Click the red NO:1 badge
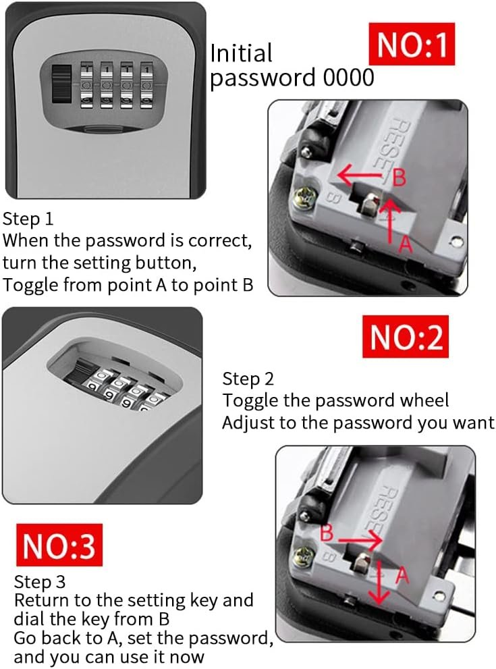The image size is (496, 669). [x=412, y=44]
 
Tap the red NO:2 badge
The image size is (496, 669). [x=405, y=336]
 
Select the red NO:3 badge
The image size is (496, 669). [x=59, y=545]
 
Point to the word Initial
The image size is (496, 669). [x=241, y=53]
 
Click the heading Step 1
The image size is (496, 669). [x=28, y=219]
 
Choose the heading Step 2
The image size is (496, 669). [x=248, y=379]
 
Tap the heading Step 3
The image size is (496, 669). [x=40, y=581]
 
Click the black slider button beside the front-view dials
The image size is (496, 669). [x=62, y=84]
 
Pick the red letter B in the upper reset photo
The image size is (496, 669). [x=399, y=178]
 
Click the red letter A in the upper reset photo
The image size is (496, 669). [x=406, y=244]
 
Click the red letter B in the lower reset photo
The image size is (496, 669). [x=326, y=533]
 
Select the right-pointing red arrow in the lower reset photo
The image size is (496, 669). [x=360, y=541]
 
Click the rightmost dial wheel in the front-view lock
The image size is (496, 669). [x=146, y=85]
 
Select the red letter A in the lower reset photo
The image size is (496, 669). [x=402, y=576]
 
